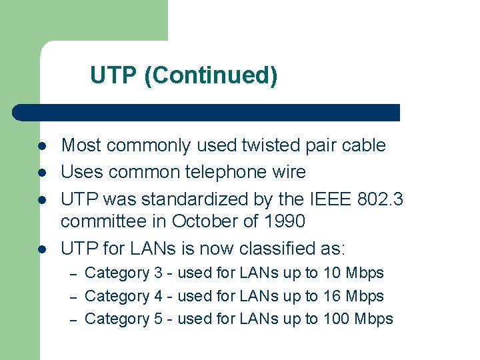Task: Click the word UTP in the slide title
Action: (114, 75)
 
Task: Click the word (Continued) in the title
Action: (211, 76)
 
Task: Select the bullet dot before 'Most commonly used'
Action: (41, 146)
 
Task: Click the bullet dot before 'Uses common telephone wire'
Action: (41, 173)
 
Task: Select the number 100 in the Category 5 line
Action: (337, 319)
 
